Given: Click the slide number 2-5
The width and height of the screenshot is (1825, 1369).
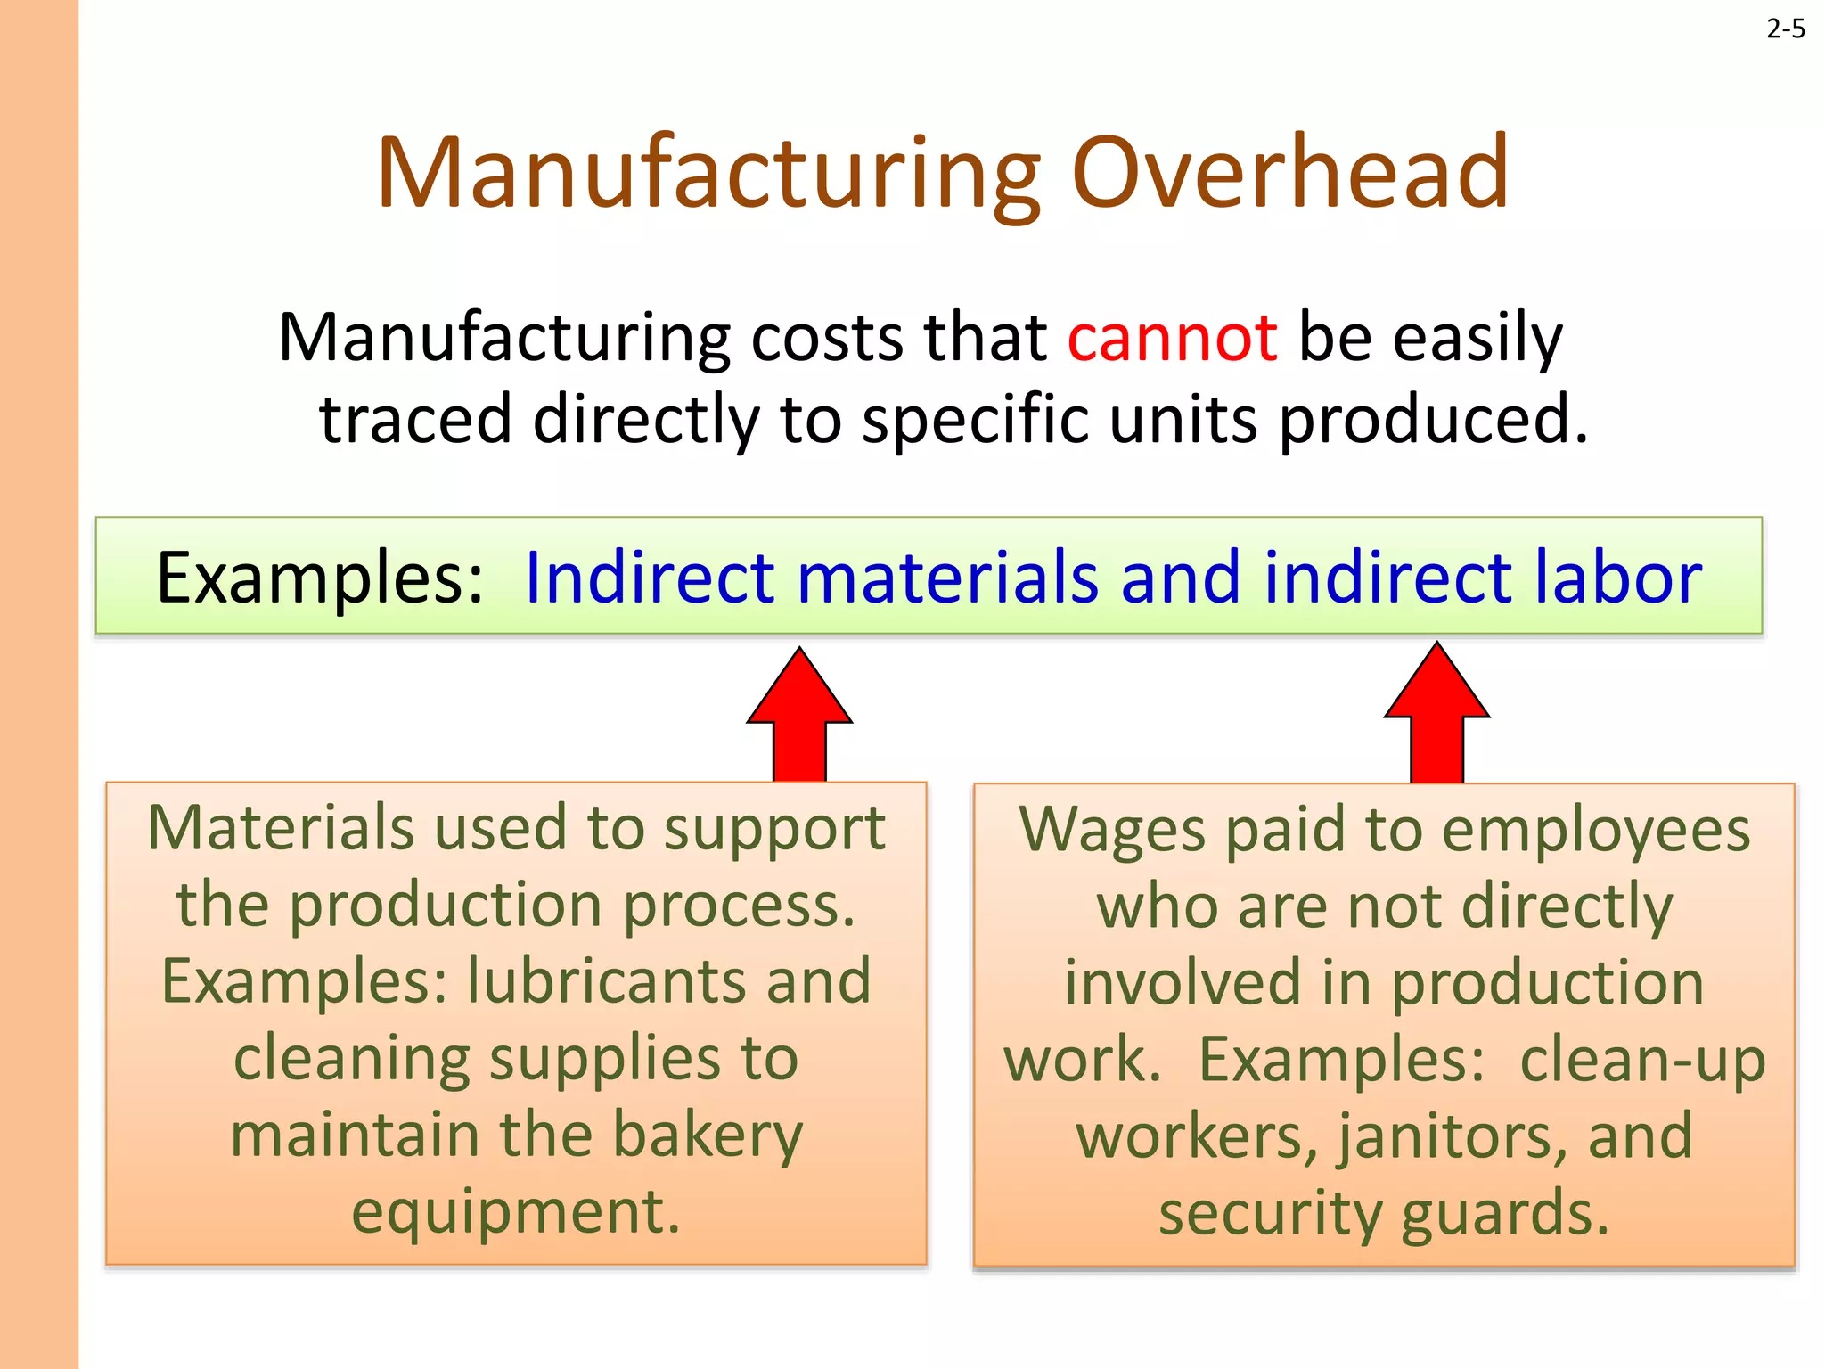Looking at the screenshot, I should pos(1785,29).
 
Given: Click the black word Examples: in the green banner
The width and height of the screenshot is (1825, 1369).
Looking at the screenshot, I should pos(320,578).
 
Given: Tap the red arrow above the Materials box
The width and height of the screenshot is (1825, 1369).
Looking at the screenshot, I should pos(799,713).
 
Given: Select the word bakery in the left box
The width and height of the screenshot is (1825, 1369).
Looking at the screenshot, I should pos(708,1135).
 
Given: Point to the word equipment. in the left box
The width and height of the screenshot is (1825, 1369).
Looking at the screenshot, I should pos(516,1212).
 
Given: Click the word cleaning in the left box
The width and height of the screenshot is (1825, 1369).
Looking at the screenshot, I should pos(351,1059).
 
